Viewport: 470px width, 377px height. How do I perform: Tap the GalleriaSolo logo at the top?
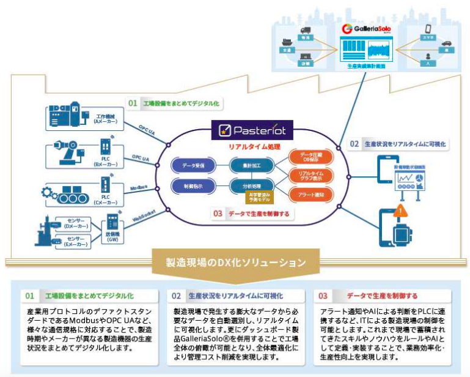366,29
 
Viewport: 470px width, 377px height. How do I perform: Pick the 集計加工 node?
249,165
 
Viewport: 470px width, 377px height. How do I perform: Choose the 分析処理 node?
249,184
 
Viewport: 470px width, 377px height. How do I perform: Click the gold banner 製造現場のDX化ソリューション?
235,263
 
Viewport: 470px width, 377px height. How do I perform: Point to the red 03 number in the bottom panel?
323,296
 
